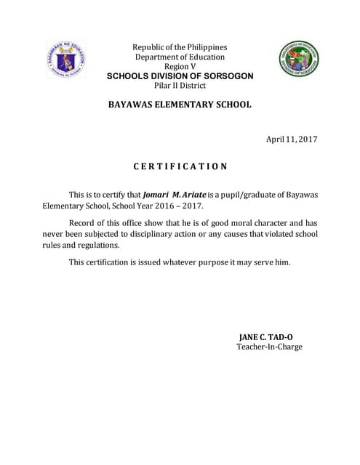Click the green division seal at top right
[x=298, y=60]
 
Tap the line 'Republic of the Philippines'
[x=180, y=47]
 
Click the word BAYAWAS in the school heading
[x=135, y=105]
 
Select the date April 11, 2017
[x=293, y=139]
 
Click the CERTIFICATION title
[x=180, y=166]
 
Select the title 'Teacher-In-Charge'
[x=269, y=347]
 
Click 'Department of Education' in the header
[x=180, y=57]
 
